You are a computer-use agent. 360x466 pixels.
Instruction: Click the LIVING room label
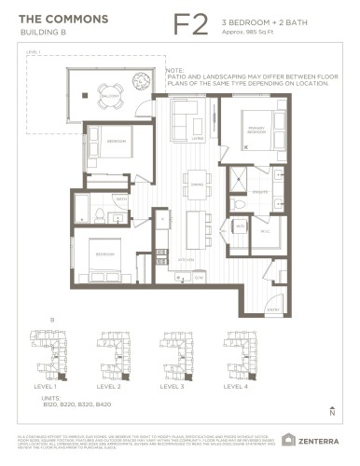point(198,138)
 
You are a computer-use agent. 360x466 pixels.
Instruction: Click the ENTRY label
point(272,308)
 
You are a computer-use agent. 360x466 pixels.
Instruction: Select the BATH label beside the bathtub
point(121,199)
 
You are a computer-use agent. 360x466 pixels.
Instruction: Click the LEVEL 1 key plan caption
point(44,385)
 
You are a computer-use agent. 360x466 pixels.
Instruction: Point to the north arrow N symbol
point(332,410)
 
